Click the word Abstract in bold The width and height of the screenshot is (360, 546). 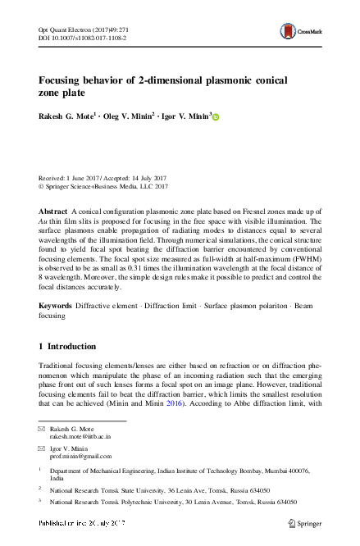click(x=54, y=212)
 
